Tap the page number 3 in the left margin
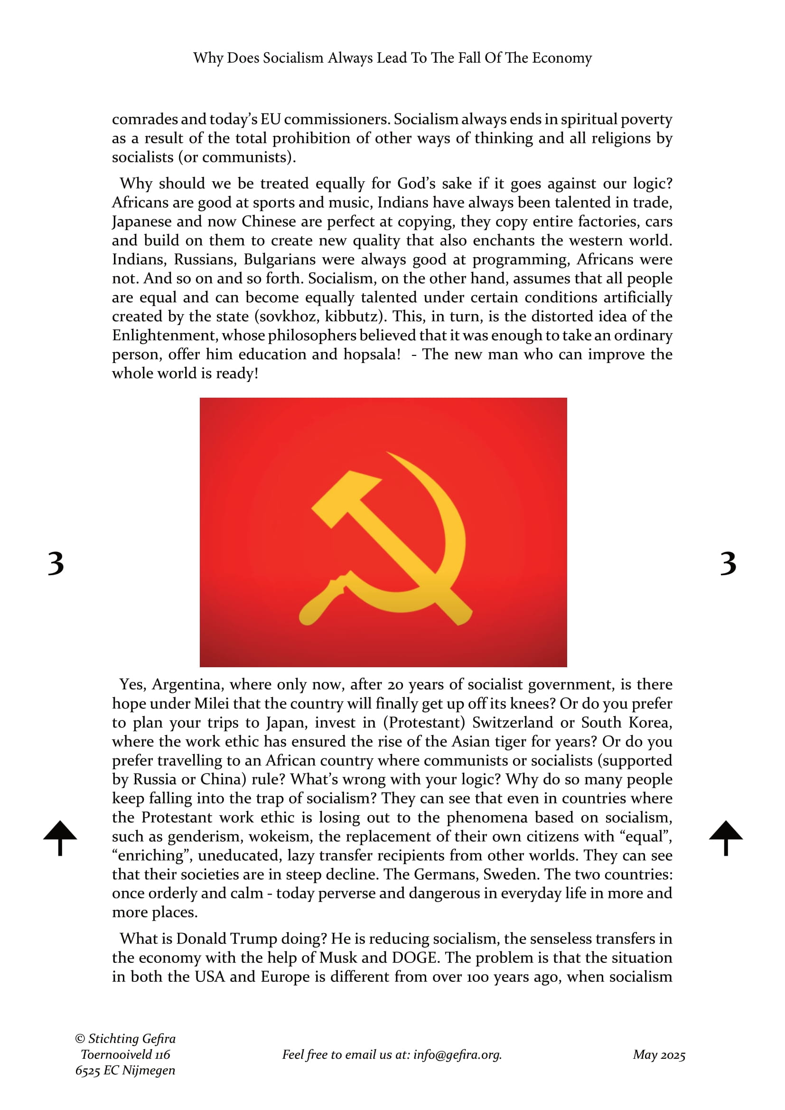(x=56, y=564)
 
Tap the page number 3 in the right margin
(x=728, y=564)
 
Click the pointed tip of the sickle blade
(x=389, y=454)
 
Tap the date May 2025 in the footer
(x=659, y=1055)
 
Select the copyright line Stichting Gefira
(x=126, y=1038)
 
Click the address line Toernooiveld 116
(x=126, y=1054)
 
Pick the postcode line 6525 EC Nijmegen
(x=125, y=1070)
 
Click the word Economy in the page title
(x=561, y=58)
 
